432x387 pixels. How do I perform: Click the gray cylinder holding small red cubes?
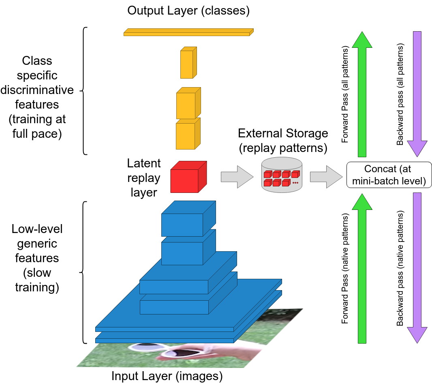coord(282,175)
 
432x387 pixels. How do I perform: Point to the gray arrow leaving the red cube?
coord(237,177)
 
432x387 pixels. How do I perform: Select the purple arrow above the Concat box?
coord(417,93)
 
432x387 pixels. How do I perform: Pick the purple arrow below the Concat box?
coord(417,267)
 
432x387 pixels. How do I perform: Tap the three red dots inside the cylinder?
coord(295,183)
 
